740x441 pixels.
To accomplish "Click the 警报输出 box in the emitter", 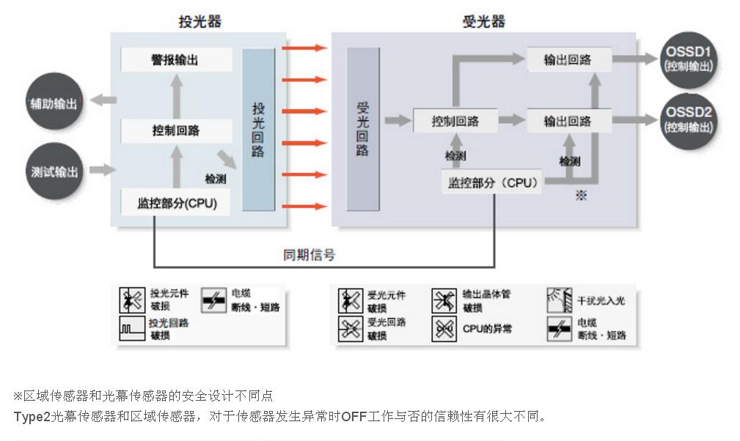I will coord(176,60).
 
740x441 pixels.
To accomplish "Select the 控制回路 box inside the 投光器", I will coord(176,131).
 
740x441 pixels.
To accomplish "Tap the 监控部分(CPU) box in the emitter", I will coord(176,203).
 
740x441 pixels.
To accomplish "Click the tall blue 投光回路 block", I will coord(258,130).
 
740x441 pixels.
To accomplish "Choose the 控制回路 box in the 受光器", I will coord(455,121).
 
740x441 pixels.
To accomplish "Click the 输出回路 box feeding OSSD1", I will coord(568,60).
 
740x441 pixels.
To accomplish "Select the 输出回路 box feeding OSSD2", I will coord(568,121).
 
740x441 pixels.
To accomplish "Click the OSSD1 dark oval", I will coord(688,58).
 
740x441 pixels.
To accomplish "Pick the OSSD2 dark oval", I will coord(688,119).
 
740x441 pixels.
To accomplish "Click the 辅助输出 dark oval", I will coord(54,103).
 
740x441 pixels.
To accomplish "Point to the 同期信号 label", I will coord(309,255).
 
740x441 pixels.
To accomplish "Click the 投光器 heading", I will coord(199,22).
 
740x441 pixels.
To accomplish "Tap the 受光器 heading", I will coord(483,22).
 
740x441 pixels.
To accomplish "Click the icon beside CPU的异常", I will coord(444,330).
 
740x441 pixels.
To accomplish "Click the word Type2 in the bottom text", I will coord(32,416).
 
